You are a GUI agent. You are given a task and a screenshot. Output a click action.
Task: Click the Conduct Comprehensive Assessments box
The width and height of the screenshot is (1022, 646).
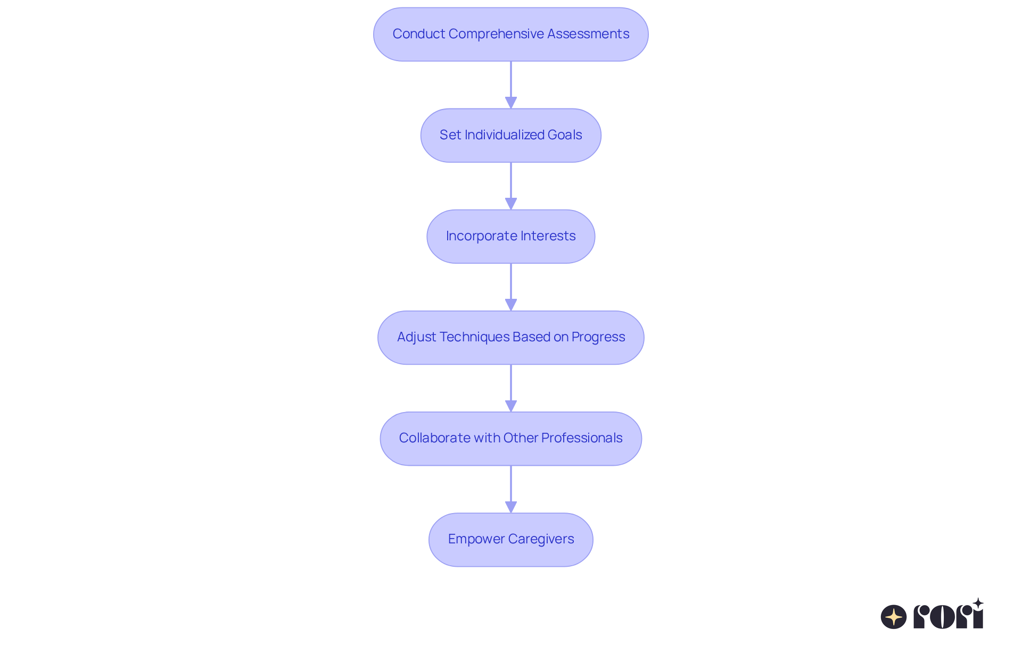[511, 34]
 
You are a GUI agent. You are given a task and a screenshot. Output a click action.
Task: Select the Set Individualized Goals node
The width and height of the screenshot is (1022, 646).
[511, 135]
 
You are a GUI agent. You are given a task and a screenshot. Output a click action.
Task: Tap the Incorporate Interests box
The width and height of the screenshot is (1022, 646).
[511, 236]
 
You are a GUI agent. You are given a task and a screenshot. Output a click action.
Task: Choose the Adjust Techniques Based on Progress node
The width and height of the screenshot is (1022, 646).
[511, 337]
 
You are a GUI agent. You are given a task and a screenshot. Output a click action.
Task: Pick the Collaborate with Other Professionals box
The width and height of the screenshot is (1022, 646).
[511, 438]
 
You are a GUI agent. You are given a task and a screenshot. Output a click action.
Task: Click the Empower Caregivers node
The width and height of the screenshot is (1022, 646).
[511, 539]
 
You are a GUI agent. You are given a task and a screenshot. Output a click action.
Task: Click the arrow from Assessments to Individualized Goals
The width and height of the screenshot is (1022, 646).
[511, 85]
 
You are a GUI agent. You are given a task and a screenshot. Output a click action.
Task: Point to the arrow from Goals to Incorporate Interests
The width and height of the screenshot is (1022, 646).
[511, 186]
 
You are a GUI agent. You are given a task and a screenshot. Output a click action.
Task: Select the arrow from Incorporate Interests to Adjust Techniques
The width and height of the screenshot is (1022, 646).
[511, 287]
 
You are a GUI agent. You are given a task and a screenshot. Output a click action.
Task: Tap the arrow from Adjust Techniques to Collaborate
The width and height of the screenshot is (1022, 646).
[511, 388]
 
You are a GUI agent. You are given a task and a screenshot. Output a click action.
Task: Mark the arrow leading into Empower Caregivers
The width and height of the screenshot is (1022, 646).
[511, 489]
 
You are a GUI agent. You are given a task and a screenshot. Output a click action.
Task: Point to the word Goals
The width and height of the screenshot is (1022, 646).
[565, 135]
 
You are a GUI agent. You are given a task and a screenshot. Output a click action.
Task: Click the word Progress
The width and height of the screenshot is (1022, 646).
[598, 338]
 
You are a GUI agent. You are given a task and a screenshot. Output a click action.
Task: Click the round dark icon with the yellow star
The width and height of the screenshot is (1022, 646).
[894, 617]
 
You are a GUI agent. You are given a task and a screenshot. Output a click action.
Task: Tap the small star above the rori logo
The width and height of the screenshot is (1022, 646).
[978, 603]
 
